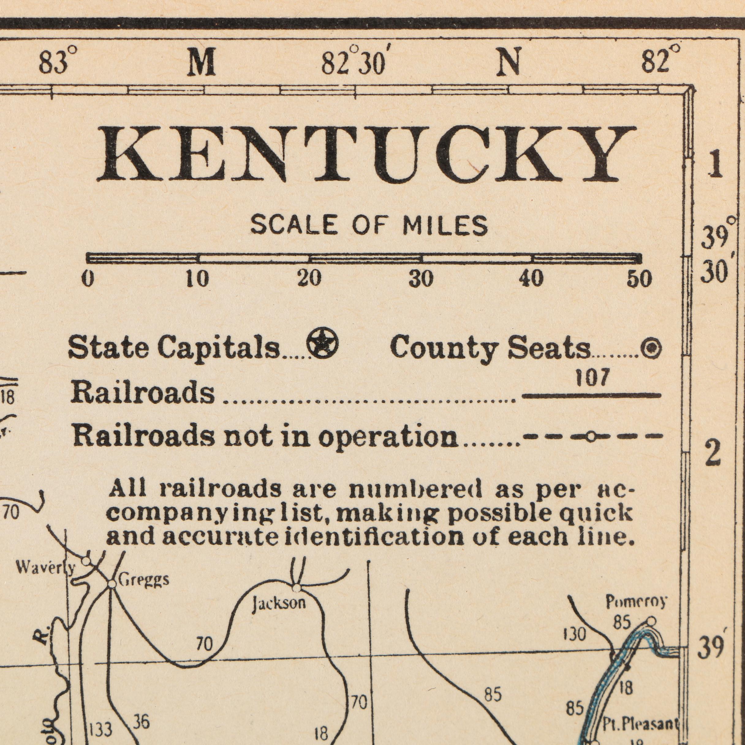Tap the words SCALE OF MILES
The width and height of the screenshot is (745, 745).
[369, 226]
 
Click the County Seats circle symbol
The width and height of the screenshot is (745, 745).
[651, 349]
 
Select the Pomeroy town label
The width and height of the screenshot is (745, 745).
[636, 602]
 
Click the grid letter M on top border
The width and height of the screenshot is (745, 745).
[201, 64]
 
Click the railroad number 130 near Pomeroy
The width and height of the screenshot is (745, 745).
[575, 634]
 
